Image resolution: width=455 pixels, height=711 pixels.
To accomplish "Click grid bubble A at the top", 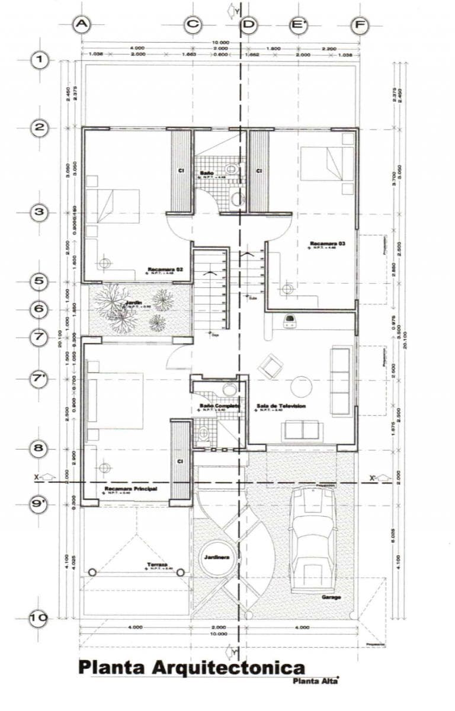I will point(81,24).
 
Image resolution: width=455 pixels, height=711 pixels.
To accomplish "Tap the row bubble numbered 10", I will point(39,617).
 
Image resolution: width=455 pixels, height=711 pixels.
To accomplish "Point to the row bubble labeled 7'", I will point(39,379).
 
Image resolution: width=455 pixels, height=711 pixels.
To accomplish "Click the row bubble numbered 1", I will point(39,60).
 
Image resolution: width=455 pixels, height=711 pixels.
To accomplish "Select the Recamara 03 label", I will point(325,244).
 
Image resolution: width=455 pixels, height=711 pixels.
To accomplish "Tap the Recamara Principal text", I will point(126,489).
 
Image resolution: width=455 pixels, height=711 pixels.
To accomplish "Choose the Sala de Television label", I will point(281,406).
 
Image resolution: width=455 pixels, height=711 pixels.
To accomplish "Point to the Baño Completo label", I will point(219,406).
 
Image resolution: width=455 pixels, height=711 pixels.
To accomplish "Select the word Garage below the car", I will point(331,597).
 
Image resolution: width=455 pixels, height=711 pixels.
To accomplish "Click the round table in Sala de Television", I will point(302,387).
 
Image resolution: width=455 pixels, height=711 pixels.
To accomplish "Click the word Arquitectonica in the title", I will point(229,668).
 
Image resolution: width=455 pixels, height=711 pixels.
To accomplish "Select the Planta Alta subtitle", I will point(314,681).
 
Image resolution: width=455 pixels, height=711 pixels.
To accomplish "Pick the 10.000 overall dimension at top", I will point(220,43).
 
